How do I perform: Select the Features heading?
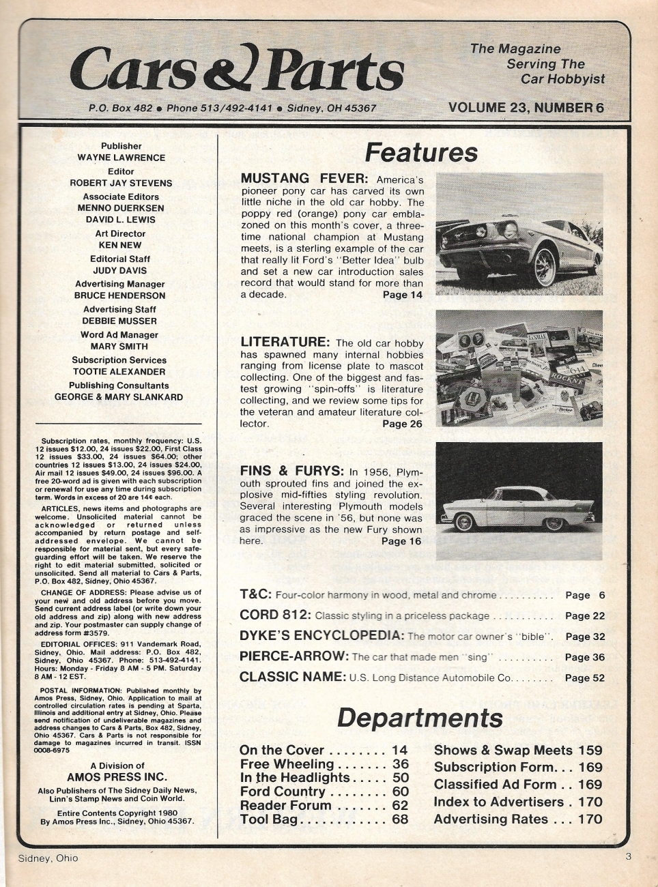pos(420,152)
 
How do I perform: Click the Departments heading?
pos(420,718)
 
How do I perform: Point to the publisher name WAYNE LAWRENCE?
pos(121,158)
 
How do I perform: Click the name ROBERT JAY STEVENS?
pos(121,183)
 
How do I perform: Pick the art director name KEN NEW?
pos(121,245)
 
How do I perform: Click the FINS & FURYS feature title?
pos(293,471)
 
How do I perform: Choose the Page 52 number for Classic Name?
pos(585,678)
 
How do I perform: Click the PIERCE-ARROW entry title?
pos(294,657)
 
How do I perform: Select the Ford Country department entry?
pos(283,791)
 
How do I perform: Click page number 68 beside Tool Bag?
pos(400,819)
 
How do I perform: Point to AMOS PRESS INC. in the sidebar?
pos(117,777)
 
